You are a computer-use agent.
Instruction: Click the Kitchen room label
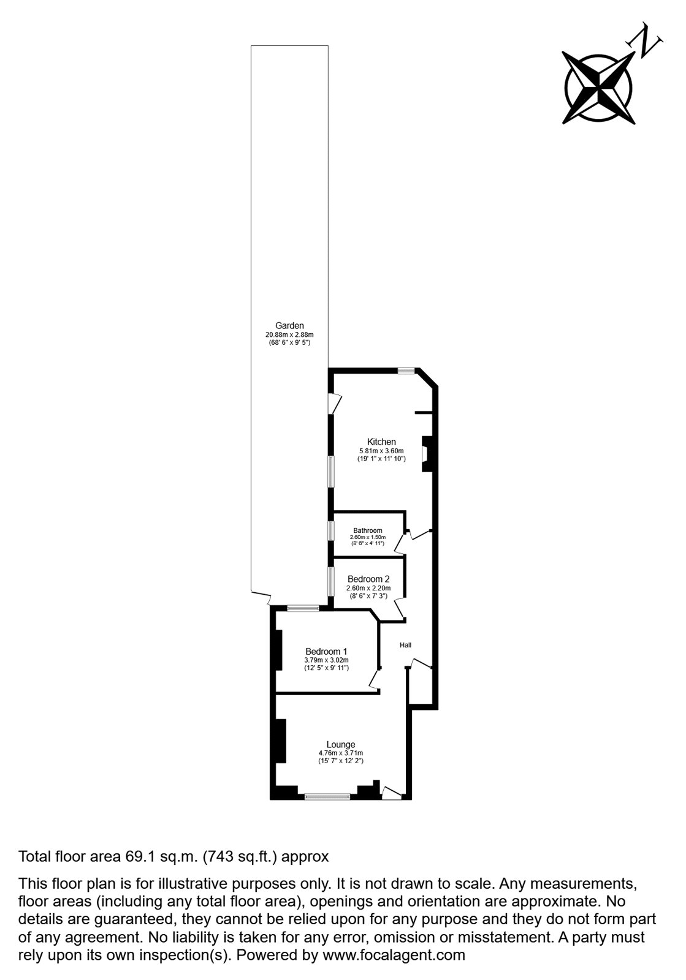click(x=381, y=442)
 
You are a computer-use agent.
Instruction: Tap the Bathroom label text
click(x=367, y=530)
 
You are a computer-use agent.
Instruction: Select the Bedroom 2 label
click(x=368, y=579)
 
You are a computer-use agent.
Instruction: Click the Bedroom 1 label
click(x=326, y=651)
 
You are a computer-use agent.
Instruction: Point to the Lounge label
click(x=340, y=745)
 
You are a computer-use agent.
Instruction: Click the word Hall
click(x=405, y=645)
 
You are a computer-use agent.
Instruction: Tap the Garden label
click(x=289, y=326)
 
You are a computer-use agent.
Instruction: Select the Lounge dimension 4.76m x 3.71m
click(x=340, y=753)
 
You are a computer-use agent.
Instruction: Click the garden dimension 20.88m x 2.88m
click(x=289, y=335)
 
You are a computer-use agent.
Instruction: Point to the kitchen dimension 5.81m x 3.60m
click(x=381, y=451)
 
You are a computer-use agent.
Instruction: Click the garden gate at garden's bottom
click(x=261, y=597)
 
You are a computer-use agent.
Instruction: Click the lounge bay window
click(x=327, y=797)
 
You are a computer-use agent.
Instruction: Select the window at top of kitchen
click(x=405, y=371)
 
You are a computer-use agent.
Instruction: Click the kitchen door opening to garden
click(x=334, y=403)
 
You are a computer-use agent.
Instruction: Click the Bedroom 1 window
click(x=303, y=608)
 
